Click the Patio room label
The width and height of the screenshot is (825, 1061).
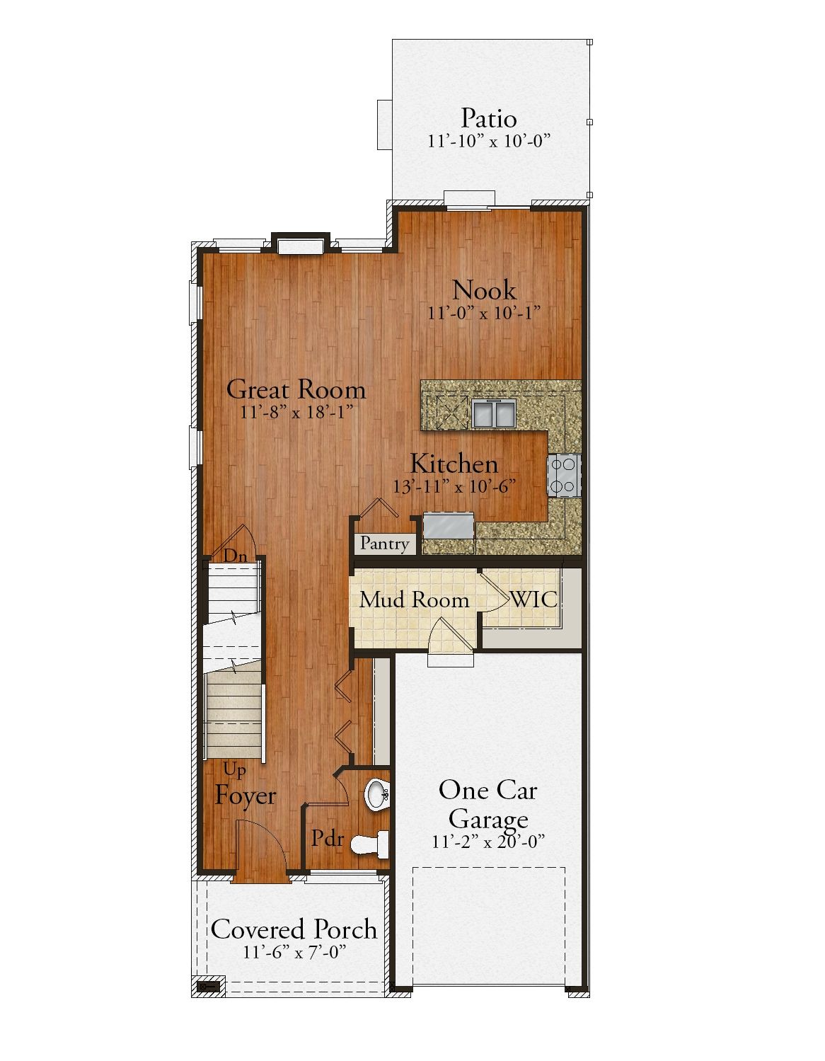click(488, 118)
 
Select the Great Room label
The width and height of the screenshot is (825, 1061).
click(296, 389)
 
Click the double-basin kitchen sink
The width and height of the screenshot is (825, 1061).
click(494, 413)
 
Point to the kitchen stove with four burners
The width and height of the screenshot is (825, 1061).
click(563, 476)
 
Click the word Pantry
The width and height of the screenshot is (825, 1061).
click(384, 544)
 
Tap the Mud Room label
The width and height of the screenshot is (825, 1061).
click(414, 600)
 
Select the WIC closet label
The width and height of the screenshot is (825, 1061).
click(533, 599)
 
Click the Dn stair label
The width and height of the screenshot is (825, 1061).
click(235, 556)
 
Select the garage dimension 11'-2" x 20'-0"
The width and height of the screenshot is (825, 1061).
click(488, 842)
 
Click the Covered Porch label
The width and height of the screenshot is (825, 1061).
click(294, 929)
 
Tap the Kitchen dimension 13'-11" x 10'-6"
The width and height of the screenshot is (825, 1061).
click(454, 486)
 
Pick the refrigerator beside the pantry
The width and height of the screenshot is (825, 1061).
click(449, 525)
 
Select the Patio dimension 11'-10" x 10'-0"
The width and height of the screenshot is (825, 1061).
click(489, 141)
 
